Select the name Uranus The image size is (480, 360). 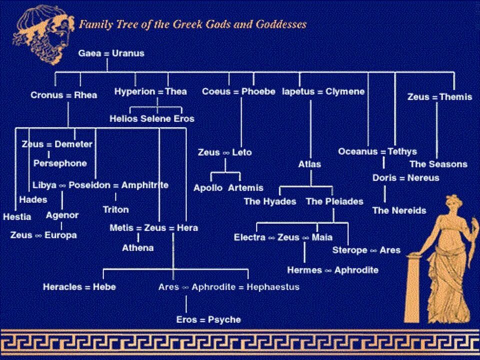coord(128,53)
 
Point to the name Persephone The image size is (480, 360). coord(60,163)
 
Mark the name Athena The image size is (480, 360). coord(138,248)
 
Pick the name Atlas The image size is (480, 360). coord(309,164)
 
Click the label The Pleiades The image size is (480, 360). coord(334,201)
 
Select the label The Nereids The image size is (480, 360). coord(399,210)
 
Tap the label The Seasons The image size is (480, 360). coord(438,164)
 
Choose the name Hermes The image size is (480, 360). coord(304,270)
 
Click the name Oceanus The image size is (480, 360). coord(356,151)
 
